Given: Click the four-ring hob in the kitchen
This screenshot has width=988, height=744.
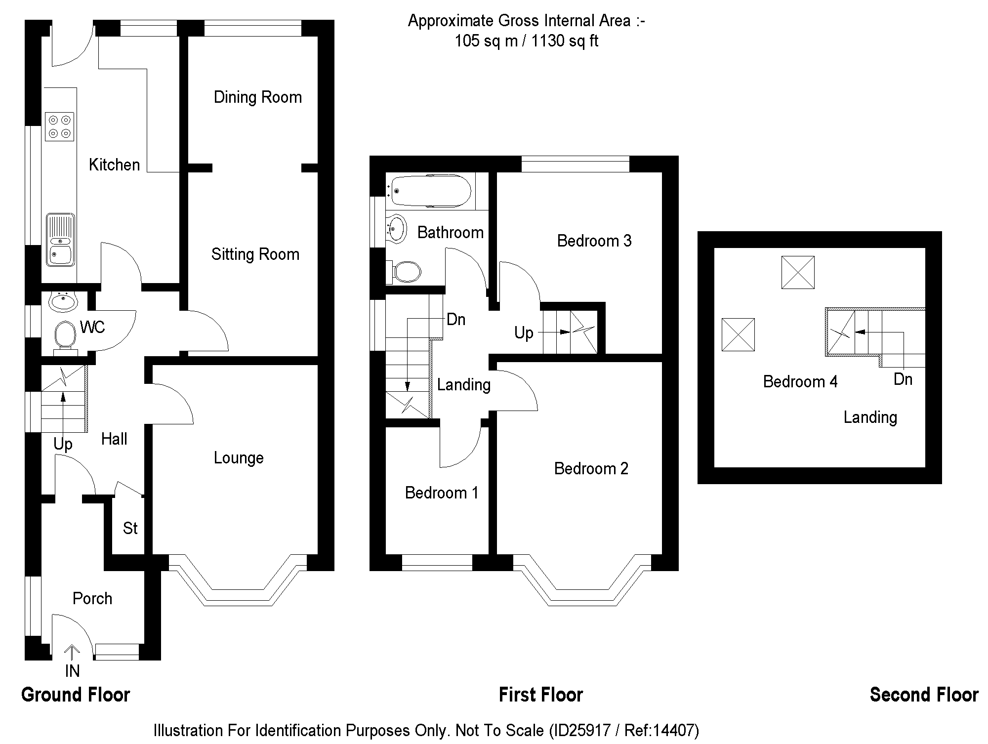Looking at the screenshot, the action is (x=60, y=126).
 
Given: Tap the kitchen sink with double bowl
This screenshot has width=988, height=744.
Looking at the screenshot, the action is (x=60, y=240).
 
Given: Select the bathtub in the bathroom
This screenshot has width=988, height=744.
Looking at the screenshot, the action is (x=428, y=191).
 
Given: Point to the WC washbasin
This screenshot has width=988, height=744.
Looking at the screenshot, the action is (x=63, y=301).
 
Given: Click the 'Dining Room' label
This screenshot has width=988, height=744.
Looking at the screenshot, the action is (x=257, y=97).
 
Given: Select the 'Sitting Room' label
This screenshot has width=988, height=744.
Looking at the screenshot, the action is (x=255, y=254).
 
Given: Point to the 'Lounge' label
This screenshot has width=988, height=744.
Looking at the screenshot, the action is (x=239, y=458).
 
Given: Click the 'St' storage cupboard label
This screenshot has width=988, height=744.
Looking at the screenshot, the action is (x=130, y=528).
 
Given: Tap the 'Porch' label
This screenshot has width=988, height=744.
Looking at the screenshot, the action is (x=92, y=599).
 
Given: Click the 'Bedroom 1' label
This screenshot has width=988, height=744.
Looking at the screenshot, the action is (x=442, y=493).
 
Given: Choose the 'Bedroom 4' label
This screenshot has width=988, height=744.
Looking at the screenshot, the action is (x=800, y=382).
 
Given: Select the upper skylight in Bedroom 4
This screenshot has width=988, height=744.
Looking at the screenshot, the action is (x=798, y=272).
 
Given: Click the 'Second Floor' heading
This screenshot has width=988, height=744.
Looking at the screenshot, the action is (x=924, y=695).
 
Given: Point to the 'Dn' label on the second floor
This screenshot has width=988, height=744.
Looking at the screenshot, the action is (x=903, y=379).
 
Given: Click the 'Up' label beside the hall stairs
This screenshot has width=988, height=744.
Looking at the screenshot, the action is (x=63, y=445).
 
